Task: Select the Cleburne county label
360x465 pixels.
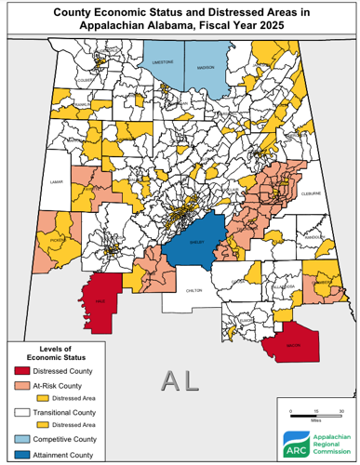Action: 312,195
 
